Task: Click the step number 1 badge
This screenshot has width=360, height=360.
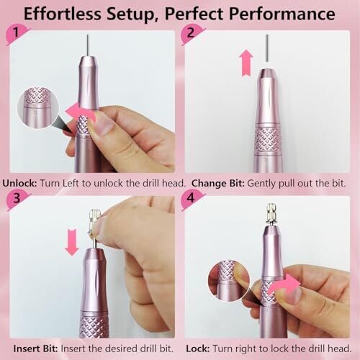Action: [17, 34]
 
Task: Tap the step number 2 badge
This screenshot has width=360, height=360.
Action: [192, 34]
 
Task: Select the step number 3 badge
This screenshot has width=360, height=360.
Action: [17, 199]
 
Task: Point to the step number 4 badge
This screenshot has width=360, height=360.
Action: [192, 199]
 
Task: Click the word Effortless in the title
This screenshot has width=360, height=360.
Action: [63, 14]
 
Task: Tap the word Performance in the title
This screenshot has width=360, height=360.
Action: [282, 15]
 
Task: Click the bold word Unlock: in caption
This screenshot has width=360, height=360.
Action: [20, 183]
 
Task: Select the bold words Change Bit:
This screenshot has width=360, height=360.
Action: [218, 184]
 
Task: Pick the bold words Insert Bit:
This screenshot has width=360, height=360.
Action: [36, 348]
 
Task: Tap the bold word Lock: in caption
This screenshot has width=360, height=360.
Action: [198, 348]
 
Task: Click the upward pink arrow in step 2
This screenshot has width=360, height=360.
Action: [246, 63]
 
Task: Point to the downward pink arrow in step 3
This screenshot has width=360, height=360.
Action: [72, 242]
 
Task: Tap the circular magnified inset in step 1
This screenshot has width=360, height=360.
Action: [38, 107]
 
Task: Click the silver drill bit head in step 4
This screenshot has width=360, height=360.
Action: [272, 213]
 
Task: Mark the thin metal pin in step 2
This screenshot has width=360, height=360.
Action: [268, 48]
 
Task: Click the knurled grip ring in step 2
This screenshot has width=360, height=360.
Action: [268, 140]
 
